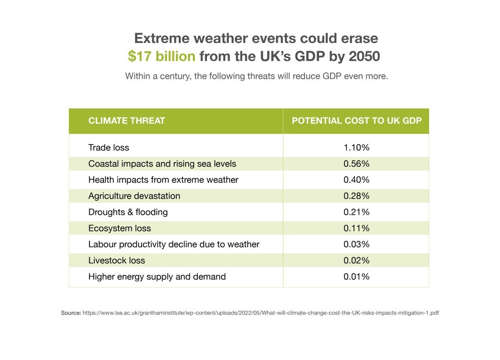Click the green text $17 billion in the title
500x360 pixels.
(162, 57)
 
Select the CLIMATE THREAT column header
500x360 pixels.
(126, 121)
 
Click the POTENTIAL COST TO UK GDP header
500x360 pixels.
(356, 121)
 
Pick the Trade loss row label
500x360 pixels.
(108, 148)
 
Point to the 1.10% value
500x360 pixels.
(356, 148)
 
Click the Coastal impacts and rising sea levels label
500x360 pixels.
(162, 164)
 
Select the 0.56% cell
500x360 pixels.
(356, 164)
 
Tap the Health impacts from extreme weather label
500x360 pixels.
(163, 180)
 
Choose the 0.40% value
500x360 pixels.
(356, 180)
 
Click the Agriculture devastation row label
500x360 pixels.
(134, 196)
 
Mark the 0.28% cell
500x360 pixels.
(356, 196)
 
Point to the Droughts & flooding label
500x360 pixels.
(128, 212)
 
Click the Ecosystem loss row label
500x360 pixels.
(120, 228)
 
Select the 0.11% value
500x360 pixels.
(356, 228)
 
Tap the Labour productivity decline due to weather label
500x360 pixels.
(174, 244)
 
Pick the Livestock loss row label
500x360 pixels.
(117, 260)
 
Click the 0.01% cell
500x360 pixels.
(356, 276)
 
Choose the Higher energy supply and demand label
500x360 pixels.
(157, 276)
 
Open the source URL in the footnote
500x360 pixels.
(261, 313)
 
